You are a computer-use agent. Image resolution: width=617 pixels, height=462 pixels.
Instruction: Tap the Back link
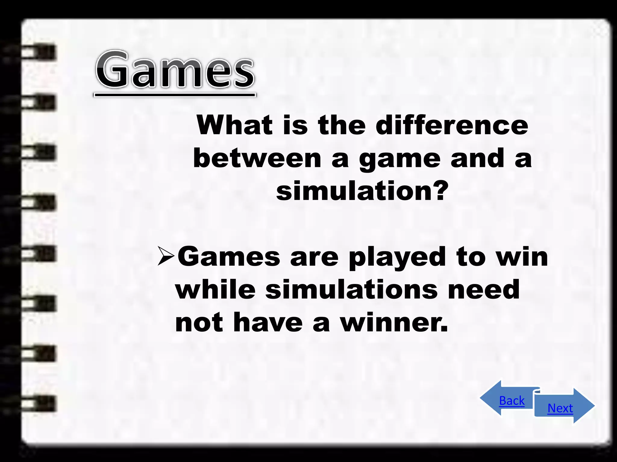click(x=512, y=401)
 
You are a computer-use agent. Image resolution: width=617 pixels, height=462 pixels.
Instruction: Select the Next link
click(x=560, y=408)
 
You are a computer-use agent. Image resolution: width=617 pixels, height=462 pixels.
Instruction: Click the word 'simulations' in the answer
click(x=352, y=289)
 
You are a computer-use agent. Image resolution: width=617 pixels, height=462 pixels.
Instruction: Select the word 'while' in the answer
click(x=216, y=289)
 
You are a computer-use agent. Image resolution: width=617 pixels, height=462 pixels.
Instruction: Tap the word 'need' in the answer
click(x=484, y=289)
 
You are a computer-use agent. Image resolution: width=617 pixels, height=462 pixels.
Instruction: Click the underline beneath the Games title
click(x=175, y=95)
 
